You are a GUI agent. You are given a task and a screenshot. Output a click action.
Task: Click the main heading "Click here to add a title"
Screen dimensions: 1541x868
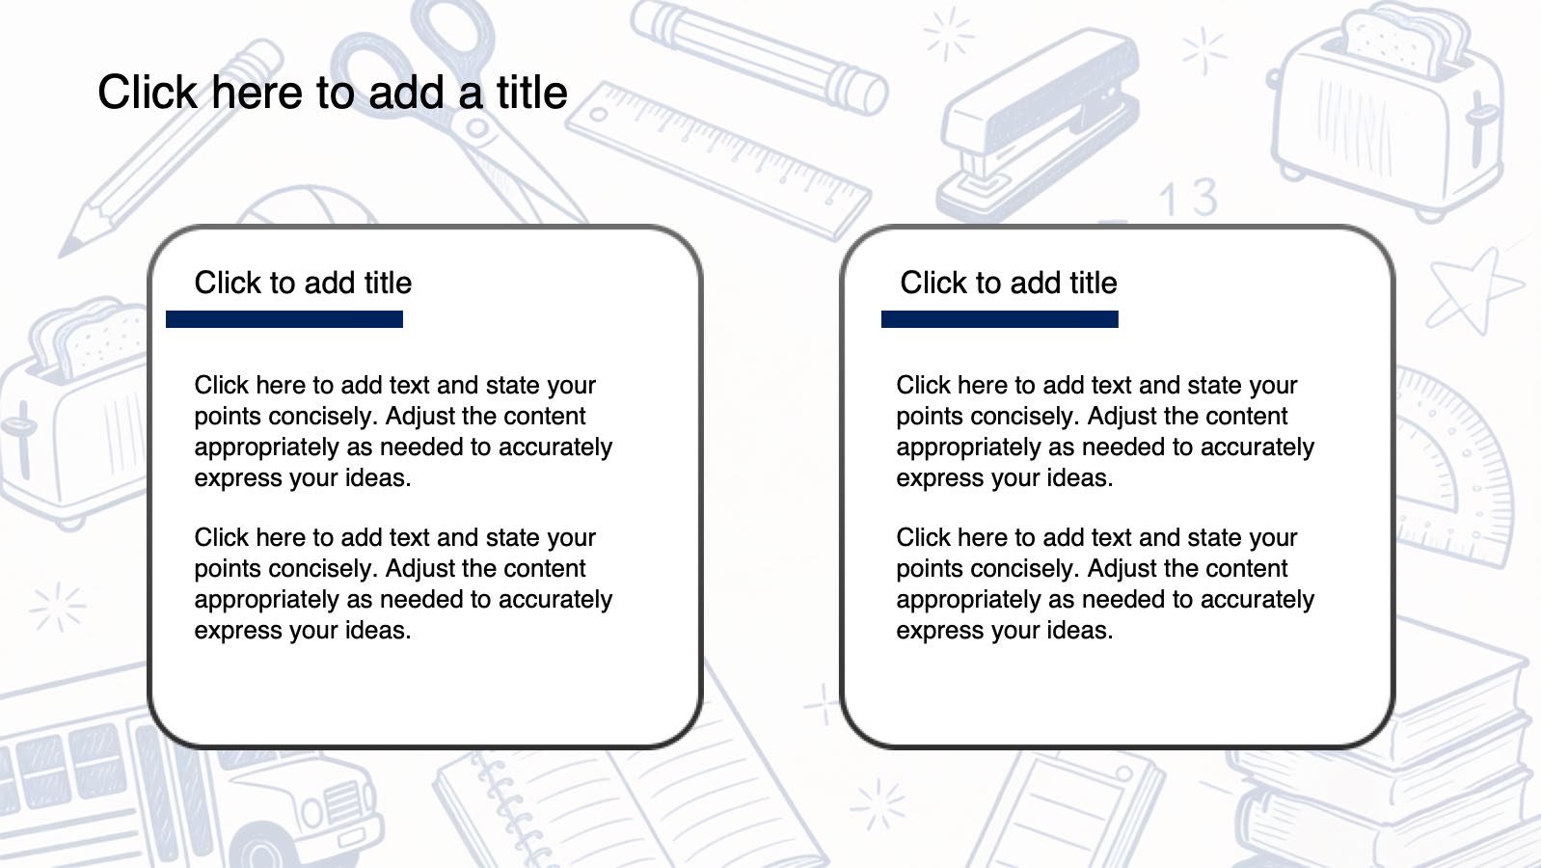click(333, 93)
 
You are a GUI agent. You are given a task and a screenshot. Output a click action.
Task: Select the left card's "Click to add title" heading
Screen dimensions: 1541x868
click(303, 283)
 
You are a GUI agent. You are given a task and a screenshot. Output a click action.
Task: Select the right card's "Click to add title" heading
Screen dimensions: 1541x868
click(1009, 283)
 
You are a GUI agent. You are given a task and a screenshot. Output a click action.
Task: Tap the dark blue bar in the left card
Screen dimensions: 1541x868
click(284, 319)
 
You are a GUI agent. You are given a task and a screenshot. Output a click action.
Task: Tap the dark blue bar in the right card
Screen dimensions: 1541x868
click(1000, 319)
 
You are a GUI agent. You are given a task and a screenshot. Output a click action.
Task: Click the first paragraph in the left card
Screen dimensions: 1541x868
click(403, 431)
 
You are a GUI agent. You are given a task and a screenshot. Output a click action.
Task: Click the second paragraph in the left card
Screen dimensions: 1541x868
click(403, 583)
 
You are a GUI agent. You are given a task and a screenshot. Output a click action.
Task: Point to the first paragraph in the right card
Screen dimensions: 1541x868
click(1105, 431)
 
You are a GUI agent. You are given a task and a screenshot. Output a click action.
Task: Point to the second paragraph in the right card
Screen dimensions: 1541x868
click(1105, 583)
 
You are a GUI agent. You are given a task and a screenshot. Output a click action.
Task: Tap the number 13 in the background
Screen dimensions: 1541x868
click(1188, 198)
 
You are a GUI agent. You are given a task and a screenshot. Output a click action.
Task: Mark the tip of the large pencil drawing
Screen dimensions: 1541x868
click(62, 255)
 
